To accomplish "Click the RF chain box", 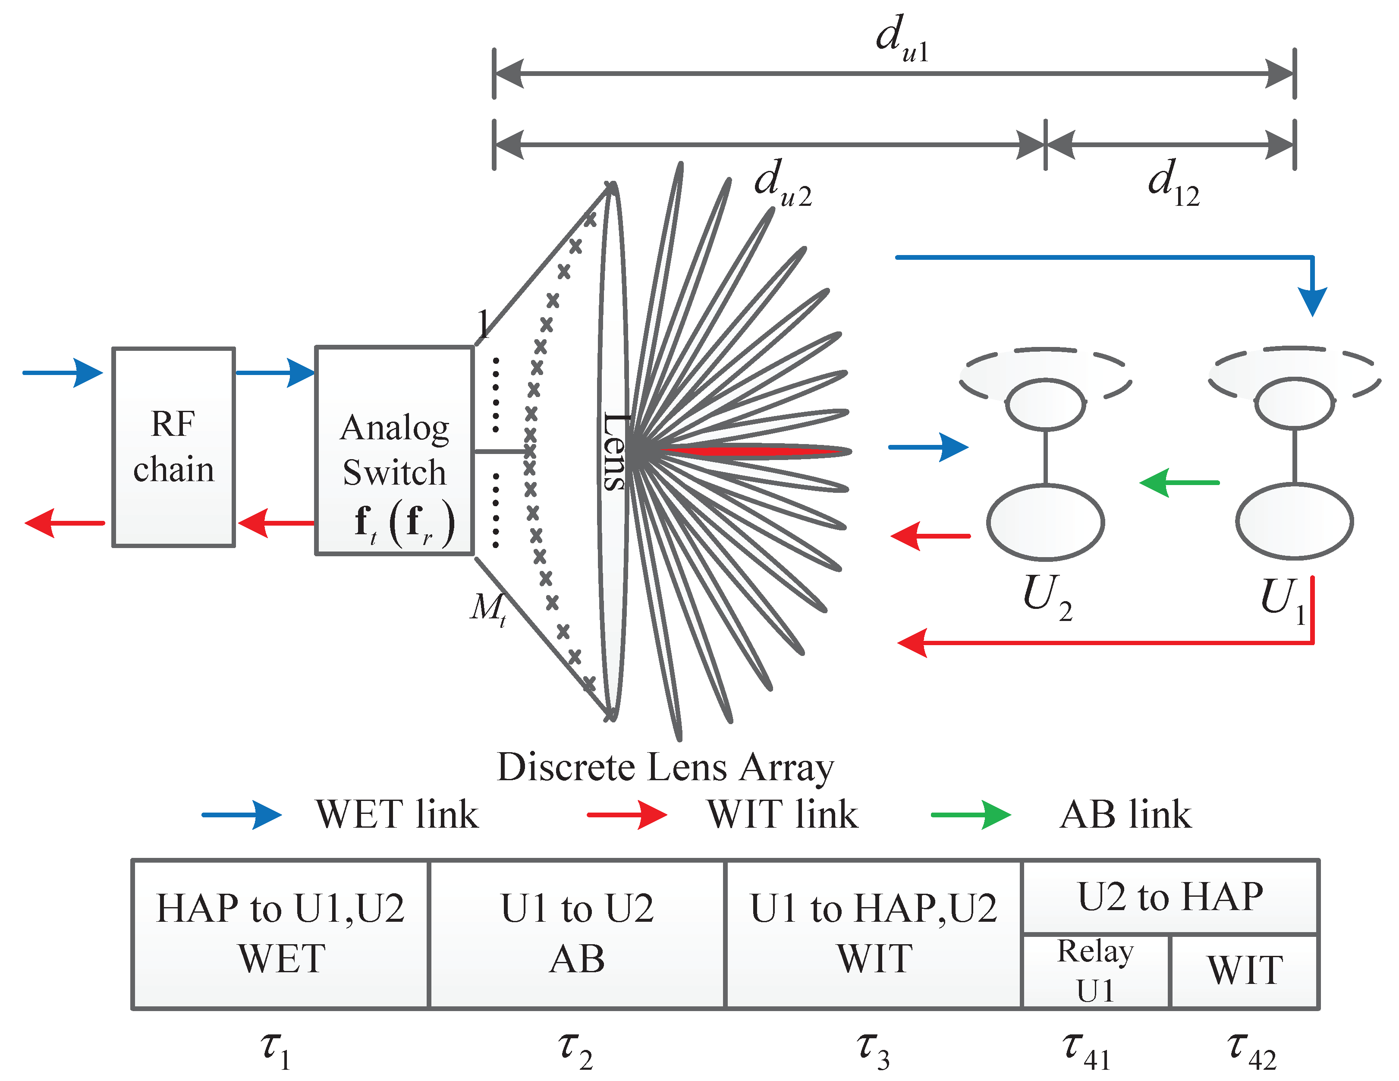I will pos(173,447).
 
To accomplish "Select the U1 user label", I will pos(1283,599).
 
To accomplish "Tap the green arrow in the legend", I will pos(971,815).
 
